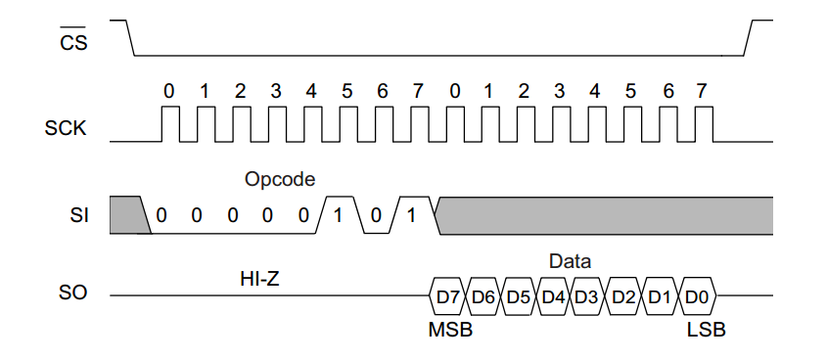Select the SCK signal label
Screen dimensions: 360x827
(x=67, y=128)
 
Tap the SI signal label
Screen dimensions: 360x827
(x=78, y=214)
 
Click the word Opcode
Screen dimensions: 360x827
(x=280, y=180)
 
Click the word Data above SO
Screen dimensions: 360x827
(x=570, y=261)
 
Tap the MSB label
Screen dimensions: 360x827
(x=450, y=330)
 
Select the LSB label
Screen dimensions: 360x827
(x=706, y=330)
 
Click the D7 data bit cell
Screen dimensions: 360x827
(x=448, y=295)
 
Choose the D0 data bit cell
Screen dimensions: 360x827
(x=696, y=295)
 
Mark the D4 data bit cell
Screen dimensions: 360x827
(x=554, y=295)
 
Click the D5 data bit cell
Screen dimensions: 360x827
(x=519, y=295)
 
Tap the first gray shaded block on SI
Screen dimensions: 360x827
(x=127, y=213)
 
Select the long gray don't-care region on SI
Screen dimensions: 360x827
(x=602, y=214)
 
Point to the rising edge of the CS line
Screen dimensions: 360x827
(x=751, y=37)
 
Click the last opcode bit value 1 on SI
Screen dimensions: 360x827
(x=411, y=214)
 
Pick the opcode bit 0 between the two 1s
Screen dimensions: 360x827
(x=375, y=215)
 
